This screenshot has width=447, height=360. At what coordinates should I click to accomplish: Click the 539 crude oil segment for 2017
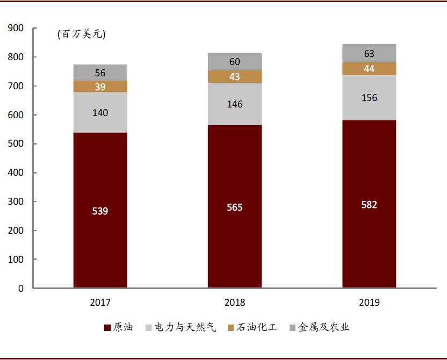(100, 210)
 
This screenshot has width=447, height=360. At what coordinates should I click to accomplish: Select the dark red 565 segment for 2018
(235, 207)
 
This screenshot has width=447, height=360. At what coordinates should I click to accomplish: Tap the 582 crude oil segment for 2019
(369, 204)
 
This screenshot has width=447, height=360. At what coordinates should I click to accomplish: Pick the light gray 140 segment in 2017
(100, 112)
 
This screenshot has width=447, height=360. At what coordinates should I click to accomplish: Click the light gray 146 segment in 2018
(235, 104)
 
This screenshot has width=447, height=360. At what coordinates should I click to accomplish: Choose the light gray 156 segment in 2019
(369, 98)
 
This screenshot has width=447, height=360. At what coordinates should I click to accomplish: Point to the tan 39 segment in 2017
(100, 87)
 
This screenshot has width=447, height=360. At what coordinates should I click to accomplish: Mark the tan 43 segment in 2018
(235, 77)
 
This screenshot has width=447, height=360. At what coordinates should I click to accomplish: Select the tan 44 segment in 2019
(369, 69)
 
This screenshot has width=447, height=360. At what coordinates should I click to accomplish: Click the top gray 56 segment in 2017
(100, 73)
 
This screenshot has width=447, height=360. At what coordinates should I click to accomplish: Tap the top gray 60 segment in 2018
(235, 61)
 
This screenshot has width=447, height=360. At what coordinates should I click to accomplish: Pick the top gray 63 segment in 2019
(369, 53)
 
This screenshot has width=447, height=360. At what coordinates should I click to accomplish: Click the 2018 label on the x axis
(235, 303)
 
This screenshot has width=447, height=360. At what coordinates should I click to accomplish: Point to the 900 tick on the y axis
(16, 28)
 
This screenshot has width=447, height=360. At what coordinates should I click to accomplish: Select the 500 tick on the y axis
(16, 144)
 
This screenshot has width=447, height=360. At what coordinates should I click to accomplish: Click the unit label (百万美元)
(82, 34)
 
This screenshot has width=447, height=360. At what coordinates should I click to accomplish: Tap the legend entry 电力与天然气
(180, 327)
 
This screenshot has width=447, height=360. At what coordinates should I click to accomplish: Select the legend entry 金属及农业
(319, 327)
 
